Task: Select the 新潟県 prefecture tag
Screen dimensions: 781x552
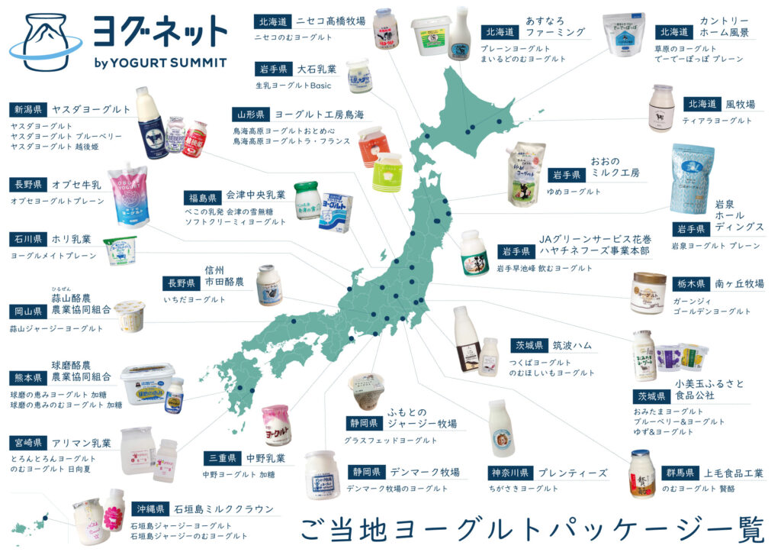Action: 29,109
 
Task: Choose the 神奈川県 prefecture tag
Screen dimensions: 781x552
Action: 509,473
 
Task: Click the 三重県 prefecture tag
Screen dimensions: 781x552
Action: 223,458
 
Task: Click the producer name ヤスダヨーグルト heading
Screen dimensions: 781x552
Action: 92,109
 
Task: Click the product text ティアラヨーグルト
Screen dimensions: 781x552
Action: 709,121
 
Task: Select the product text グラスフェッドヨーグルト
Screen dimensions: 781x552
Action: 391,441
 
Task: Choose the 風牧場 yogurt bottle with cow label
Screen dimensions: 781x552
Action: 662,108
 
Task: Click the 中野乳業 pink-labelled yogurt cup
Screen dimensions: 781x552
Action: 276,424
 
